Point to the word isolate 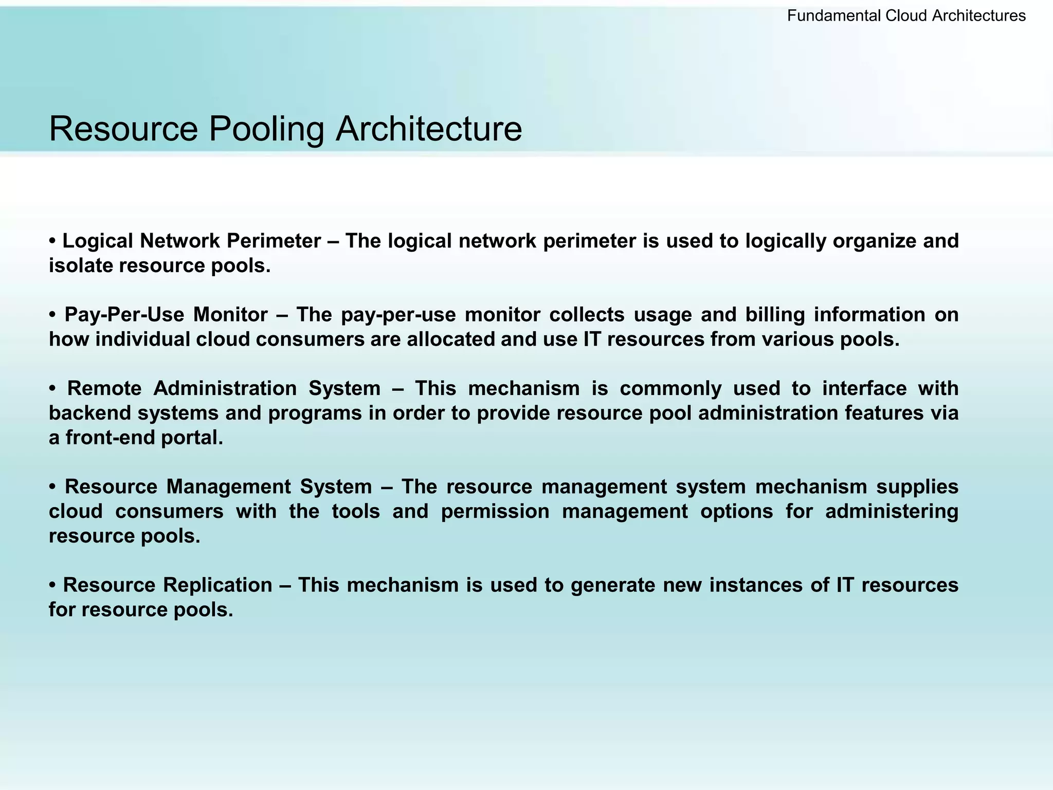tap(81, 265)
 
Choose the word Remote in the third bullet tap(104, 388)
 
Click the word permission tap(495, 511)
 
